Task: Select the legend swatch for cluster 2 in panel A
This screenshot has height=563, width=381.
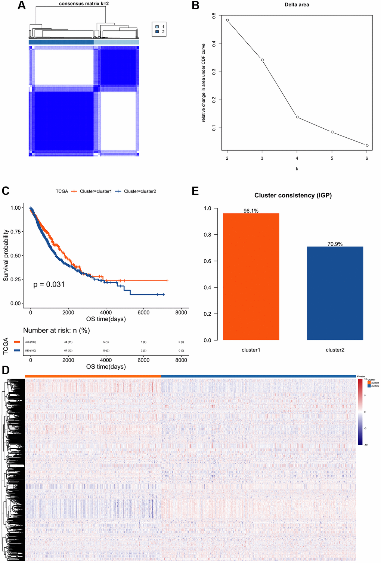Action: pos(157,32)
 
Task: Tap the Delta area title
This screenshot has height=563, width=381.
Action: pos(297,5)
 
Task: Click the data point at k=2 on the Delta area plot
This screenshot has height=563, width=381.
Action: pos(227,20)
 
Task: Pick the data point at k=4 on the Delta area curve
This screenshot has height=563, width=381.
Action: pos(297,117)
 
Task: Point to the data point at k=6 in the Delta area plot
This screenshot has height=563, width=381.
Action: pos(367,145)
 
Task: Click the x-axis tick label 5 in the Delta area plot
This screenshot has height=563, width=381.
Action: pos(332,158)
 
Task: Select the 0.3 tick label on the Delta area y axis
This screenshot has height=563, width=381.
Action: pos(214,72)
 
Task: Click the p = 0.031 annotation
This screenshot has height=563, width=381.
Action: pos(49,285)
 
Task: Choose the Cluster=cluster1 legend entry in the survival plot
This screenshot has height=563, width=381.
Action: pos(96,191)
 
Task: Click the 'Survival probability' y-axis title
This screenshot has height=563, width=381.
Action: pos(6,256)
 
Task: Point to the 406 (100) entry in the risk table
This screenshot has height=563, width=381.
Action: pos(31,342)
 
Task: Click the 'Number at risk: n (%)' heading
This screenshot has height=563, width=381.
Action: pos(56,331)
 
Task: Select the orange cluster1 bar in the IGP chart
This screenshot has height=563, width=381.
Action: pos(251,276)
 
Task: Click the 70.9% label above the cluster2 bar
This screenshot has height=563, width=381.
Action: pos(335,244)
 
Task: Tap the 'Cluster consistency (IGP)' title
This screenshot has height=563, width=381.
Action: pos(293,196)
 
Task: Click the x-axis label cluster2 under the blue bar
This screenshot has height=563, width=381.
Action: pos(335,350)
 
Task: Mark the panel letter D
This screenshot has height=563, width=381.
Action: pos(6,370)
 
